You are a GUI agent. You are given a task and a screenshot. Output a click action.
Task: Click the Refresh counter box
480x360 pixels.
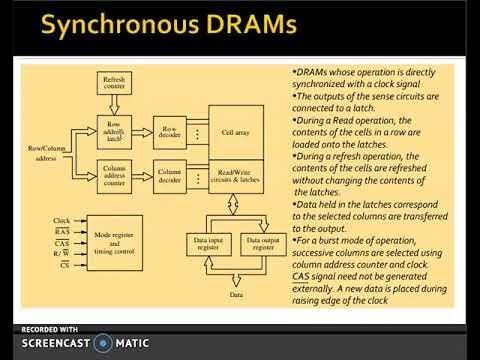tap(113, 84)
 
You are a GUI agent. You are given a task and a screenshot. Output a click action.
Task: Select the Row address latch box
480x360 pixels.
tap(113, 133)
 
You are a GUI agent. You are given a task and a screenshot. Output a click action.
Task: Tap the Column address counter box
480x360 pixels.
tap(113, 177)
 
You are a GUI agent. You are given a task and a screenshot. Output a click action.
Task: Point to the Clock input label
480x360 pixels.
tap(62, 220)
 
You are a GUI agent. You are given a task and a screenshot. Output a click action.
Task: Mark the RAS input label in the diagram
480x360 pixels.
tap(62, 231)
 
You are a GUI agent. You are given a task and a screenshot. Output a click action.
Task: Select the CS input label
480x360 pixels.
tap(63, 266)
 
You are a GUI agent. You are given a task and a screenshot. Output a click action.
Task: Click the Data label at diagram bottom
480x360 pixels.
tap(235, 297)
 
